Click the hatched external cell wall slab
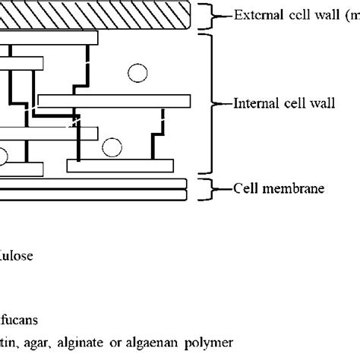[x=91, y=15]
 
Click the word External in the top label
[x=257, y=15]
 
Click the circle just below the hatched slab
[x=137, y=73]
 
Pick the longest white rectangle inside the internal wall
[x=114, y=100]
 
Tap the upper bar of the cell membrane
[x=91, y=183]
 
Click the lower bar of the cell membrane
[x=91, y=195]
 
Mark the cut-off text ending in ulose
[x=18, y=257]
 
